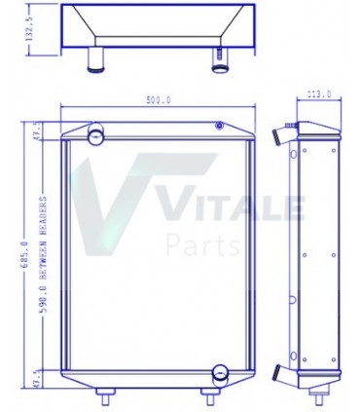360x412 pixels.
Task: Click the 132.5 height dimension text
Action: (29, 32)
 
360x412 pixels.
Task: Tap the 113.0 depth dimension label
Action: (318, 95)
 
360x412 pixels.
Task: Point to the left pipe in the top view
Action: (96, 60)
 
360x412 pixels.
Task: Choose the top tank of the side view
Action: (318, 133)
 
